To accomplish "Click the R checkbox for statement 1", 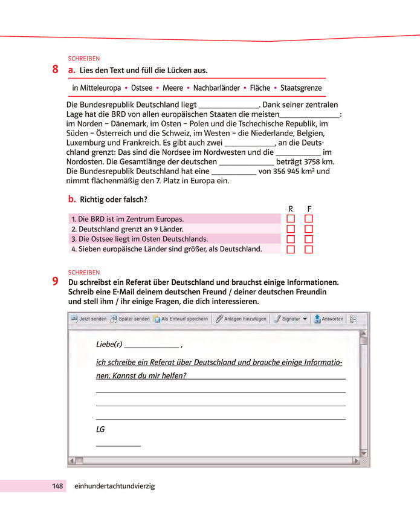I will click(291, 219).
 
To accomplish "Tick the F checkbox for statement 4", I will click(309, 249).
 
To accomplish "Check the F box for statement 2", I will click(309, 229).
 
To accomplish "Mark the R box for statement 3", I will click(291, 239).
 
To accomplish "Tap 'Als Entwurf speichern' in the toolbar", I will click(181, 319).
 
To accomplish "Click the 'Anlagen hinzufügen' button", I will click(242, 319).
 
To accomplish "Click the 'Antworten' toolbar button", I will click(328, 319).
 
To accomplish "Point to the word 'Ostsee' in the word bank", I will click(141, 88).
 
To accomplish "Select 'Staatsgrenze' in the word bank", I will click(301, 88).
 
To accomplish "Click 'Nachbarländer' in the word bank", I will click(216, 88).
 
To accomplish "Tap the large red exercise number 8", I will click(55, 70).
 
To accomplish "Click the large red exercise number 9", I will click(55, 281).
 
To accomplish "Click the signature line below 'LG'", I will click(118, 444).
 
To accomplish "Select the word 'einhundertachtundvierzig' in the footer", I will click(114, 485).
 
